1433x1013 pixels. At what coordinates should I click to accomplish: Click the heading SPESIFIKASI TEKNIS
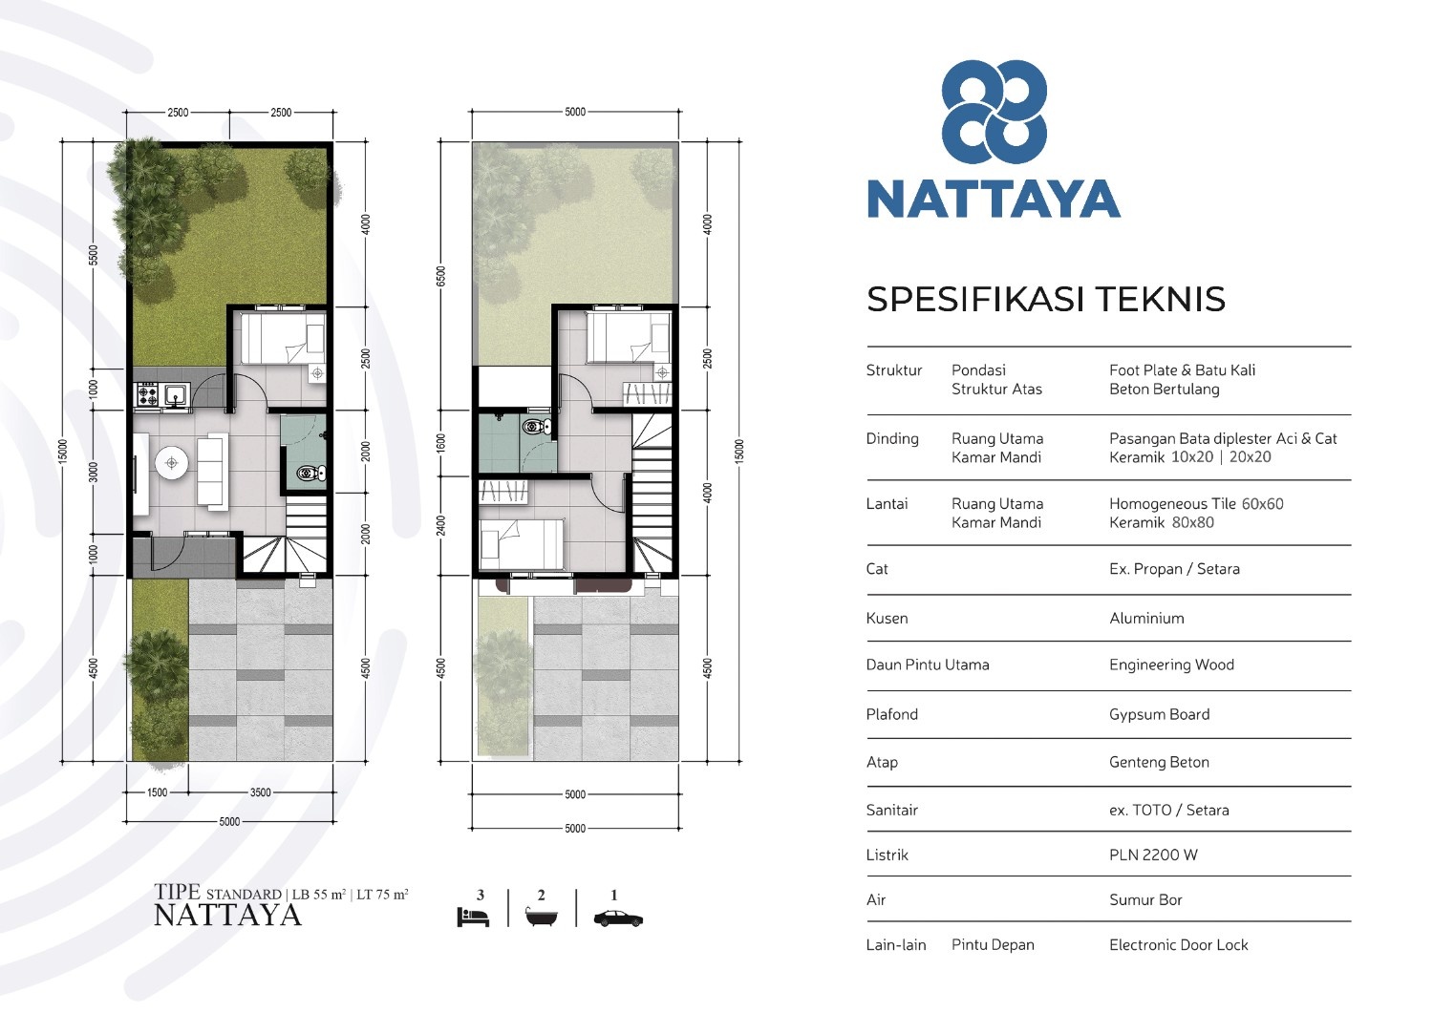coord(1046,299)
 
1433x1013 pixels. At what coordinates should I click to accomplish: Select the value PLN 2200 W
coord(1153,855)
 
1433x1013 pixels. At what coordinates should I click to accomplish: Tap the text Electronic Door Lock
coord(1178,944)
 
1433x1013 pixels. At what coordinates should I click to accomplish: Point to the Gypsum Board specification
coord(1159,714)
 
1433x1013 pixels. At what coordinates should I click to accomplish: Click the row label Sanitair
coord(891,811)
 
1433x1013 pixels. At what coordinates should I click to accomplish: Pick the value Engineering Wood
coord(1171,665)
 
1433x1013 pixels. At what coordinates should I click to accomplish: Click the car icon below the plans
coord(618,919)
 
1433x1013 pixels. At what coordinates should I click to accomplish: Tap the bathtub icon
coord(542,917)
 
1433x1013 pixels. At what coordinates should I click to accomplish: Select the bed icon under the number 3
coord(473,917)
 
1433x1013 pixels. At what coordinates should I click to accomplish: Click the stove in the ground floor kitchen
coord(147,394)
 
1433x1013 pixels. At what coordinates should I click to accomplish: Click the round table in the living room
coord(171,462)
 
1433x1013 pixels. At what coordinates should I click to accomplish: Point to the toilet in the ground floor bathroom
coord(311,474)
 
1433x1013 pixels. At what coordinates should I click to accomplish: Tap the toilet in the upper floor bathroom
coord(537,427)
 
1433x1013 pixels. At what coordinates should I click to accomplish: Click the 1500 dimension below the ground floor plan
coord(158,792)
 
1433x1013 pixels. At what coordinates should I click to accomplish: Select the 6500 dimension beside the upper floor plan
coord(440,276)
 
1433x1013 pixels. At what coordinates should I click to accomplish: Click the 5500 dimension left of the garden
coord(94,255)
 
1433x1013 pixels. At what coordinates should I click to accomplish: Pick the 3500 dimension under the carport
coord(261,792)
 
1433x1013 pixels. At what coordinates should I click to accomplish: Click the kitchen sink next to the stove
coord(175,394)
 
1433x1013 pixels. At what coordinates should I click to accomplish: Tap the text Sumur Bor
coord(1145,899)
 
